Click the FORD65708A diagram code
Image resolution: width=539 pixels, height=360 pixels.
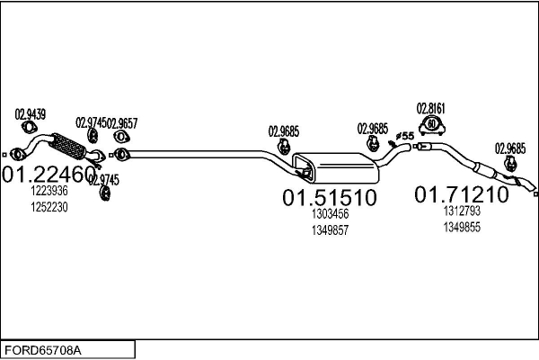(43, 350)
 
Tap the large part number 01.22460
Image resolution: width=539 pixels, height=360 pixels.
(49, 174)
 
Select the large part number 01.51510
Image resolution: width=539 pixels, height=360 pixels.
(330, 197)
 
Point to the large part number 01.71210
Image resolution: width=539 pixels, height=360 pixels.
(462, 194)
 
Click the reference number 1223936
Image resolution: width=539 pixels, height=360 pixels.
(49, 191)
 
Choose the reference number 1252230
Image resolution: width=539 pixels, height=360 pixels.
(49, 207)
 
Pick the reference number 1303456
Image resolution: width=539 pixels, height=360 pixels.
(330, 213)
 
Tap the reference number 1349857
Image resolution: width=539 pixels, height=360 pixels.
(330, 230)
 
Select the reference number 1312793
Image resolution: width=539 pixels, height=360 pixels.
(462, 211)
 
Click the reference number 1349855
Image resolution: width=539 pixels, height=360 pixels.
(462, 228)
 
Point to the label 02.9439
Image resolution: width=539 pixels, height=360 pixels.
(31, 114)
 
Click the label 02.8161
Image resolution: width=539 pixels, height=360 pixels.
(430, 109)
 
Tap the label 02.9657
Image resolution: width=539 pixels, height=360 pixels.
(122, 123)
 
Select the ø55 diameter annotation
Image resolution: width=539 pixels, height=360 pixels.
(404, 136)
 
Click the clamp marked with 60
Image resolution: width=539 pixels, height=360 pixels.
(432, 124)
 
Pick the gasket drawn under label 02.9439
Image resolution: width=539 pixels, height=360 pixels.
(30, 127)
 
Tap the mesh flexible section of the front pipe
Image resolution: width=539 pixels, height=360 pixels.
(67, 146)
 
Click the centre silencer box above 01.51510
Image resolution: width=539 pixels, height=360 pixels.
(335, 167)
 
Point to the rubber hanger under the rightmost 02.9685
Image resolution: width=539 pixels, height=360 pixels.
(510, 163)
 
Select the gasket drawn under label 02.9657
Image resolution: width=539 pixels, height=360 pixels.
(121, 137)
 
